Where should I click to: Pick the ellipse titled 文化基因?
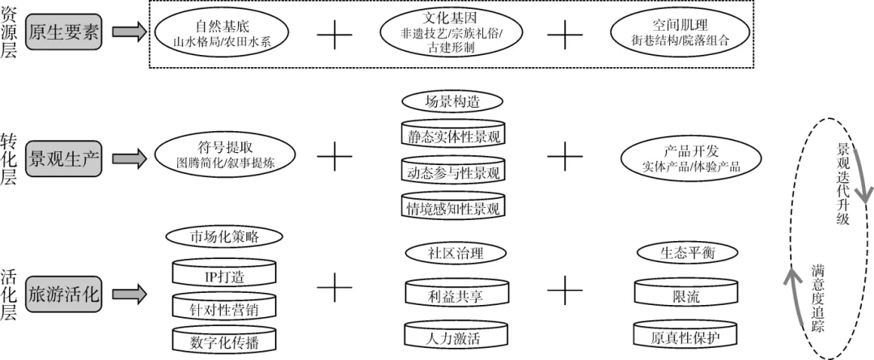tap(452, 32)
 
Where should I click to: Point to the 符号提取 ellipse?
tap(224, 155)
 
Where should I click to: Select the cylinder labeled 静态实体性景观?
tap(453, 135)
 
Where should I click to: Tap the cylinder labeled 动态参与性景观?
tap(453, 172)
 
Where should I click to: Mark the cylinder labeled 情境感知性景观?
tap(453, 207)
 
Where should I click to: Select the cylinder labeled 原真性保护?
tap(685, 337)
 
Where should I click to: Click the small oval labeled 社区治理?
tap(455, 252)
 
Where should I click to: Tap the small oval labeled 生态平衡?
tap(685, 252)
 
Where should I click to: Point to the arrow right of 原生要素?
tap(127, 32)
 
